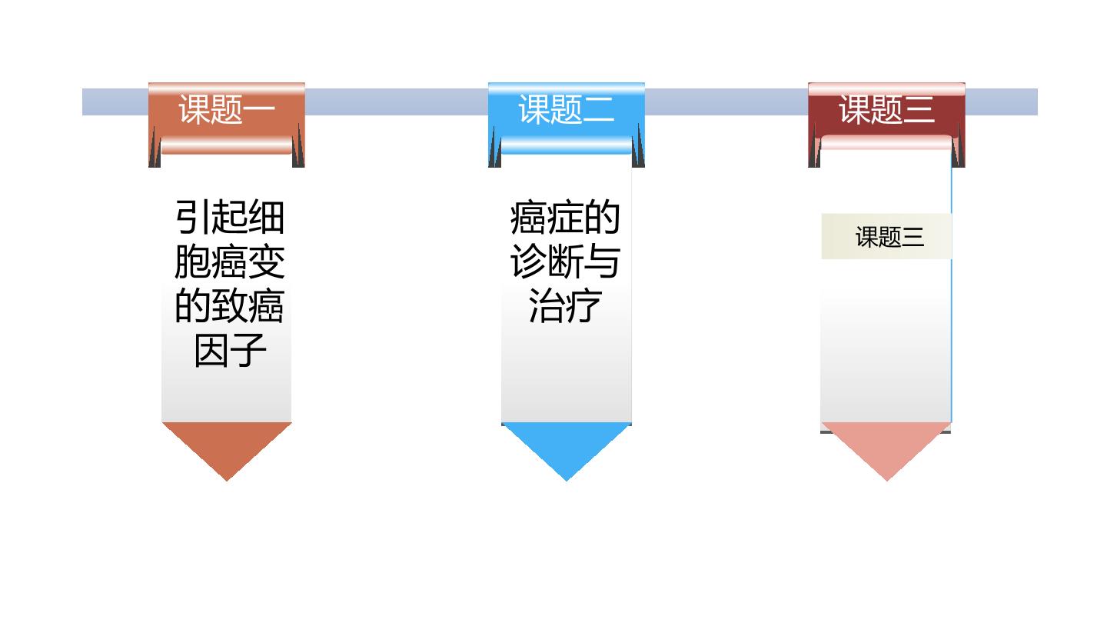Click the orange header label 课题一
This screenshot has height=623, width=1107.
227,109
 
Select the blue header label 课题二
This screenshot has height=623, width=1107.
567,109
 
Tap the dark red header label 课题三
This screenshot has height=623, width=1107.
886,109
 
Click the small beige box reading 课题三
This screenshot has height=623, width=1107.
886,236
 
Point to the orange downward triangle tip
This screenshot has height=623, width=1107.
227,481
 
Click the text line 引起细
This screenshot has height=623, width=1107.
230,217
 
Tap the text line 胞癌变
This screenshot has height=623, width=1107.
230,262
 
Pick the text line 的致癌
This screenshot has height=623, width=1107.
230,306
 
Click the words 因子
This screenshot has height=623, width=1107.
231,351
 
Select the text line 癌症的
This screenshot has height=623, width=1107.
565,217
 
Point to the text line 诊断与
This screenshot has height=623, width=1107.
565,262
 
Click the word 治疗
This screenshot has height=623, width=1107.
565,306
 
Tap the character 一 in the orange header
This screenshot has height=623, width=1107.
259,109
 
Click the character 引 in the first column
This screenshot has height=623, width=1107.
193,217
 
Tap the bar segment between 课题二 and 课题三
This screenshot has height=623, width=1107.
726,102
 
